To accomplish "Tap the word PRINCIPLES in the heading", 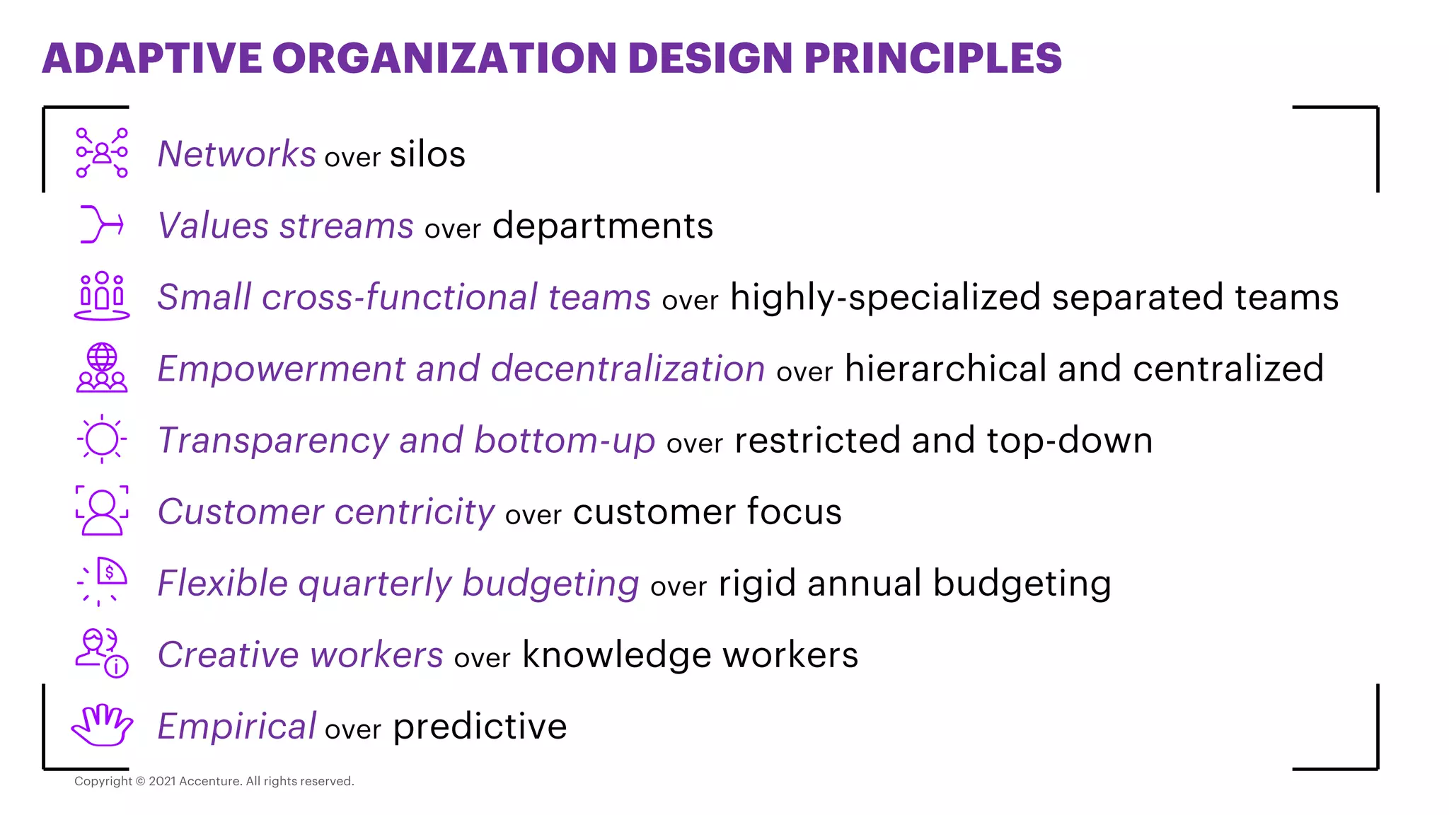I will click(933, 58).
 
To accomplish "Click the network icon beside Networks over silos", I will click(102, 153).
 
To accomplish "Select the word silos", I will click(427, 154).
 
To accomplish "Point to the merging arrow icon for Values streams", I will click(102, 224).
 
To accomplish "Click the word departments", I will click(602, 226).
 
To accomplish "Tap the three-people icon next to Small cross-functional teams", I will click(102, 296).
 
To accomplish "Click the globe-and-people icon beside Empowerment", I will click(102, 368).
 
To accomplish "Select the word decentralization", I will click(628, 369).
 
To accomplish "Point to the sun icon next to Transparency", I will click(102, 439).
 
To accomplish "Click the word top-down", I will click(1069, 440).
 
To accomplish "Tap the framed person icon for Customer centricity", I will click(102, 510).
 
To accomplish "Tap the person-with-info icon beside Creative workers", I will click(102, 653).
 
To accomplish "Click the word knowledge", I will click(616, 655).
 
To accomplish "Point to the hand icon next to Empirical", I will click(102, 725).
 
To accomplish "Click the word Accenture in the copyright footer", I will click(209, 781).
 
